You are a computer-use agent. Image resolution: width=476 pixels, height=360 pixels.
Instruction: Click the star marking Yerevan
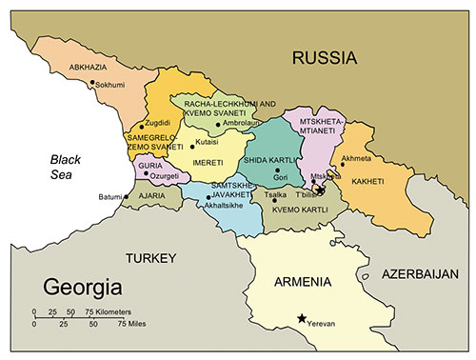[x=303, y=319]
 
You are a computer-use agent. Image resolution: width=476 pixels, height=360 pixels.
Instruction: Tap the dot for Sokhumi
[x=92, y=83]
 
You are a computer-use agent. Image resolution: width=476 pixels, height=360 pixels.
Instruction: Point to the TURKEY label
[x=151, y=258]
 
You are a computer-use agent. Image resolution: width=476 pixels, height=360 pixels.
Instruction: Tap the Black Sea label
[x=69, y=167]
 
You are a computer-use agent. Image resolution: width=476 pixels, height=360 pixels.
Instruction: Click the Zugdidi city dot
[x=142, y=126]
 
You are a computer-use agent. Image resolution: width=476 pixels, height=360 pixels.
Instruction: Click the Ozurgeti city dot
[x=146, y=174]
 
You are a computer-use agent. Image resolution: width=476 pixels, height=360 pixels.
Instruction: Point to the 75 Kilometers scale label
[x=109, y=311]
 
